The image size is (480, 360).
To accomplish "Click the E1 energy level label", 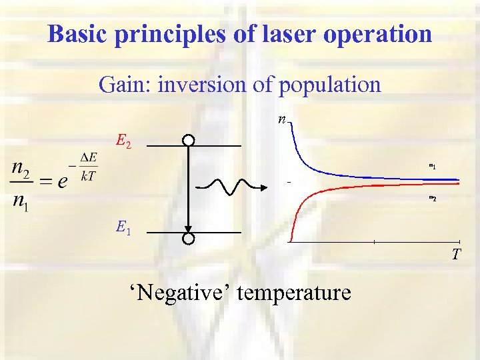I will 123,229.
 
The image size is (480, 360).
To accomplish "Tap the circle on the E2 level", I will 189,141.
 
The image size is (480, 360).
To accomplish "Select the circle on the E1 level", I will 189,239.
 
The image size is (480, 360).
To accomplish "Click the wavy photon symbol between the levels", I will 231,186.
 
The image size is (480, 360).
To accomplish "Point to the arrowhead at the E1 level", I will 189,228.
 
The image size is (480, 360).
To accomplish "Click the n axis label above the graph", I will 283,121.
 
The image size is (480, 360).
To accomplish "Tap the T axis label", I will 456,254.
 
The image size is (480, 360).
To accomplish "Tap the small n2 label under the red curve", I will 432,199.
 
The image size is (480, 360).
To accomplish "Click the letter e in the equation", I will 61,181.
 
